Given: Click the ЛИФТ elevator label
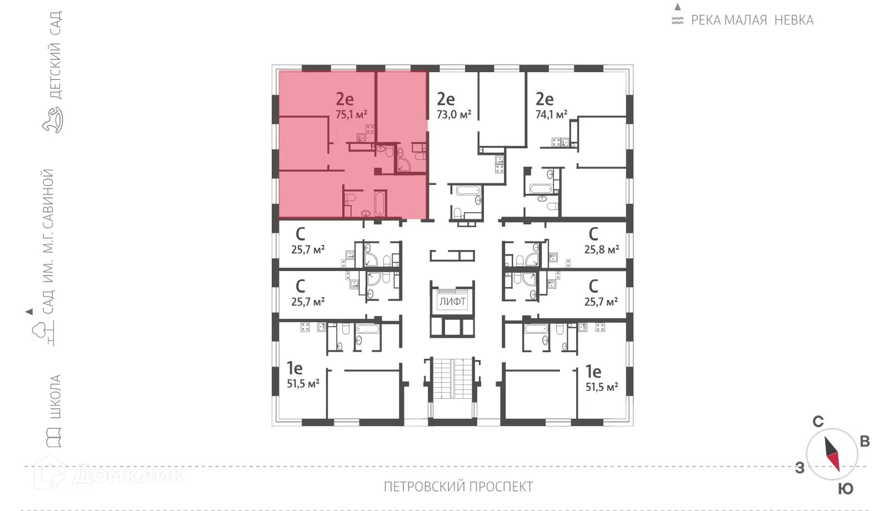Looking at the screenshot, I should [x=452, y=302].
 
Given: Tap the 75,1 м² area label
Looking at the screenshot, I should [x=351, y=114].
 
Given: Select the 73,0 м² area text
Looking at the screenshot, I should [x=453, y=114].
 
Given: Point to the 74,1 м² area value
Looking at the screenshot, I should [x=551, y=114].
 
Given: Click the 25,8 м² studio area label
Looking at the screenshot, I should [x=601, y=249].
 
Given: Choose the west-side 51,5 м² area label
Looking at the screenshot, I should [x=303, y=383].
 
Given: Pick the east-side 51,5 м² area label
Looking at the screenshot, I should [x=602, y=387].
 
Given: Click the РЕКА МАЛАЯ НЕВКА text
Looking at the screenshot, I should [x=752, y=21].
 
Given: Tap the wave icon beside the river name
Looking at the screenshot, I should [x=677, y=21].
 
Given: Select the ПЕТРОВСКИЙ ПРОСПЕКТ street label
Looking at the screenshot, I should [x=458, y=487].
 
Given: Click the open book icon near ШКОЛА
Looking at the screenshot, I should [x=54, y=437].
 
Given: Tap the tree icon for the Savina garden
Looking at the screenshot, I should [x=46, y=333].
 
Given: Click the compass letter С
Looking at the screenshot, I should [x=818, y=422].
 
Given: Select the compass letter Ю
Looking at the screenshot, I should [x=845, y=489].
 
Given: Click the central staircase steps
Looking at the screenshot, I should [x=452, y=379].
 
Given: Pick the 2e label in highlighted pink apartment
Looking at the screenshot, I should [x=344, y=99].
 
